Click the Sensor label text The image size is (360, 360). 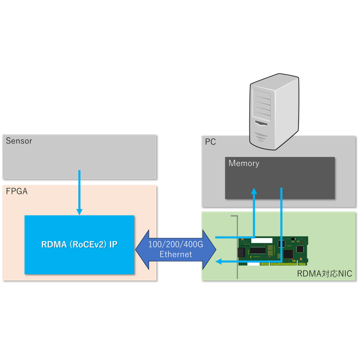(x=19, y=141)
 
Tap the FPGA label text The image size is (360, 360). (x=17, y=192)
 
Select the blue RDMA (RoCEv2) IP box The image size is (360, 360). (x=80, y=245)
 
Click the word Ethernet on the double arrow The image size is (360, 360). (x=175, y=255)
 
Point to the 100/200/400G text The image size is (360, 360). (x=175, y=244)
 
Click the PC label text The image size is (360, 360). (x=210, y=141)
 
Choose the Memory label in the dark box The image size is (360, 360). (x=244, y=163)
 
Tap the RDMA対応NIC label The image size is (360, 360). (x=325, y=274)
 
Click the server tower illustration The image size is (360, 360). (x=274, y=112)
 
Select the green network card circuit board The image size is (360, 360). (x=273, y=251)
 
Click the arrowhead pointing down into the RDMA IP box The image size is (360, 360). (x=80, y=212)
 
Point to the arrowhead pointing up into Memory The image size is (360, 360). (x=254, y=191)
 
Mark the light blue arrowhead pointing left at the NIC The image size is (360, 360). (x=219, y=261)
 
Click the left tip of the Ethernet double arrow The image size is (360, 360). (x=136, y=249)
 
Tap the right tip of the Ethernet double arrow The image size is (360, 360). (x=216, y=249)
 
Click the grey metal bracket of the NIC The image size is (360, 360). (x=237, y=247)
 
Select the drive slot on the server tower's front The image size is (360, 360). (x=261, y=123)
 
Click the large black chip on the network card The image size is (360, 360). (x=258, y=250)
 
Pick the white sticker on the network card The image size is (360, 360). (x=262, y=240)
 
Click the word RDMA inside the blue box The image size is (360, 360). (x=54, y=244)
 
